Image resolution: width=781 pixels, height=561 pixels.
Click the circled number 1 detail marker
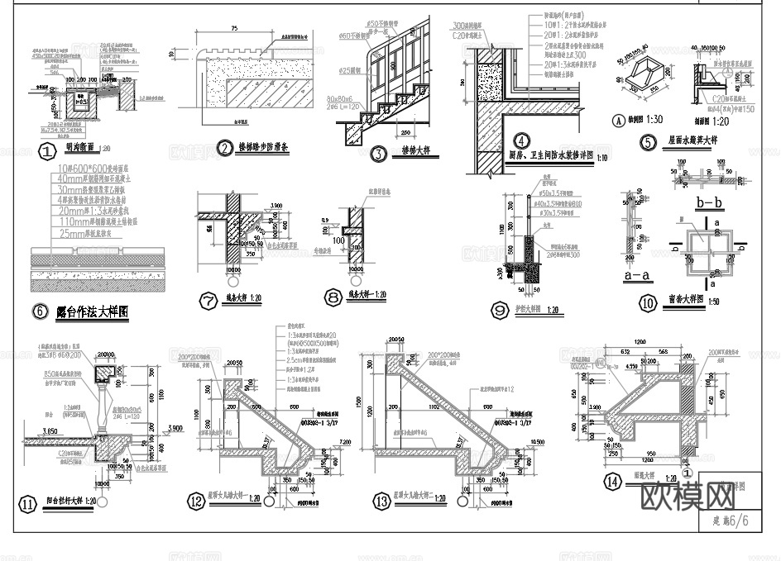point(47,151)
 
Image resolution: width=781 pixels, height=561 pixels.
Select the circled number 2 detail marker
point(224,149)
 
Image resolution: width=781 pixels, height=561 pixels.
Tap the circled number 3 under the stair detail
point(378,153)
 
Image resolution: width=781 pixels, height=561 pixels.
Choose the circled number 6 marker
point(39,311)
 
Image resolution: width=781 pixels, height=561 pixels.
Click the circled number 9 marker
point(500,310)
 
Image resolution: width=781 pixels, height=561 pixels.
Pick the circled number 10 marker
point(648,302)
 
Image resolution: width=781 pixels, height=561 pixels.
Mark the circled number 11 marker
point(29,502)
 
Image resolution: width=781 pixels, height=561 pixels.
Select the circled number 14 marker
point(612,482)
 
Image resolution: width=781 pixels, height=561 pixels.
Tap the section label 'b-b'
point(711,202)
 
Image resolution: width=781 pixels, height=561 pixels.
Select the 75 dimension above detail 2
point(235,28)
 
